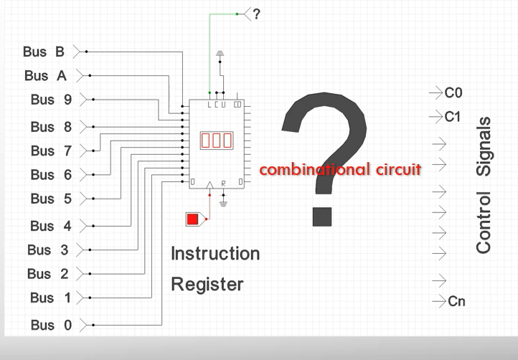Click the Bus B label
44,52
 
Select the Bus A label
46,75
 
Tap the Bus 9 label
51,100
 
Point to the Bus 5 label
51,199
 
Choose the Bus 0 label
51,325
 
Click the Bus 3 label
48,250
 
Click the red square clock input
192,219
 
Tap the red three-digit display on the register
217,141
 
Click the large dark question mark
324,159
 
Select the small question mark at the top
257,14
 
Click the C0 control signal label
453,93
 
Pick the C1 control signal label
453,117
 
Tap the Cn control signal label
456,301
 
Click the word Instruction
215,254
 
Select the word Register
207,285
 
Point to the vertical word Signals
484,146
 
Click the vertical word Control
484,222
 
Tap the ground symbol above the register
220,54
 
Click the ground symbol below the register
223,204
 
